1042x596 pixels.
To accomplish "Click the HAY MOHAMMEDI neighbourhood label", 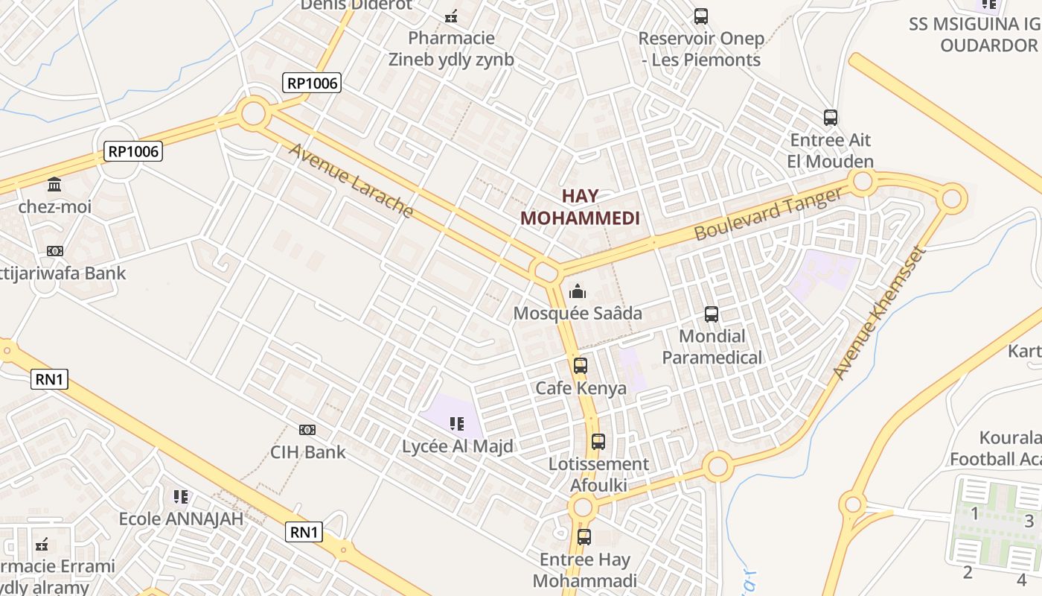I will [x=581, y=207].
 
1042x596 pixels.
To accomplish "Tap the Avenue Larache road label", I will [x=351, y=181].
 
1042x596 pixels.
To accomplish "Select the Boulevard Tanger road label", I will [x=769, y=214].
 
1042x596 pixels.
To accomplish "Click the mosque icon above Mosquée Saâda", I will [x=578, y=291].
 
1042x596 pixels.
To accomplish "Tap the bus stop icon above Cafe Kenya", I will [x=581, y=366].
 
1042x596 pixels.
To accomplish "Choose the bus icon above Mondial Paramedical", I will [x=712, y=314].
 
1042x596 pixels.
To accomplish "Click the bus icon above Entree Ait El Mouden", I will [x=831, y=118].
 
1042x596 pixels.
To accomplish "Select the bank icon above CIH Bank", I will [x=307, y=430].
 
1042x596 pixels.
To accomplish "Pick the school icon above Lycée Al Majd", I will [x=457, y=424].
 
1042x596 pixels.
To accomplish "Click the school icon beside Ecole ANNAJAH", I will [x=181, y=496].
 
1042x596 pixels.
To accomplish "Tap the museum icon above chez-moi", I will [x=54, y=184].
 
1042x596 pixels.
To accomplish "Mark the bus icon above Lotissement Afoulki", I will [x=598, y=442].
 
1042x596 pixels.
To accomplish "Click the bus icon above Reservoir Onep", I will [x=700, y=16].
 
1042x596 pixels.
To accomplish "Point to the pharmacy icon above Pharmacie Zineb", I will [x=451, y=16].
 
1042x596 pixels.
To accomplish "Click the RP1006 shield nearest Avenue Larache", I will [x=313, y=83].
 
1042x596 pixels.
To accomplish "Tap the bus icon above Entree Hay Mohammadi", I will [x=584, y=536].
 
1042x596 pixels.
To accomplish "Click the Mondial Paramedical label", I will [x=712, y=347].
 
